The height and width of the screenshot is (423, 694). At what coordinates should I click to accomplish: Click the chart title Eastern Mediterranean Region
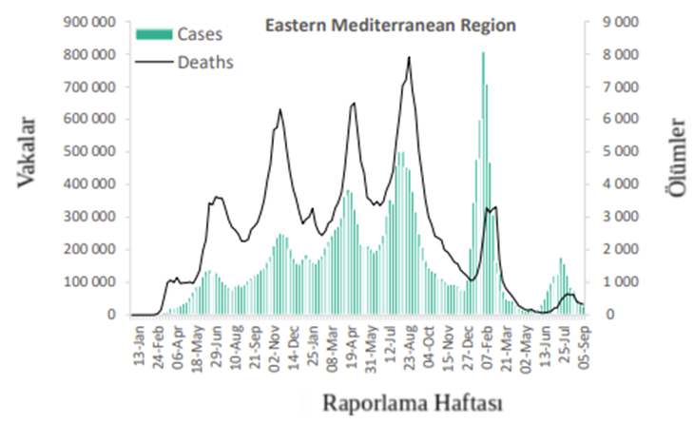pyautogui.click(x=390, y=27)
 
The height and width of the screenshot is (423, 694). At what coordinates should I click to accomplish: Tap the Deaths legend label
pyautogui.click(x=203, y=62)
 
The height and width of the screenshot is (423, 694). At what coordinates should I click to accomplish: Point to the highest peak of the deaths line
pyautogui.click(x=409, y=58)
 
